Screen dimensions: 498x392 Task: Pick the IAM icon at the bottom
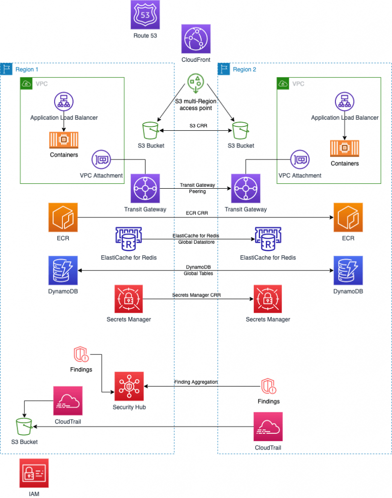click(34, 472)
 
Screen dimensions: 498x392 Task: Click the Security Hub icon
click(129, 386)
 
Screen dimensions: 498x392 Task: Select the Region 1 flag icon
click(7, 69)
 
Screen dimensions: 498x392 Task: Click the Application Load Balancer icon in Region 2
click(344, 103)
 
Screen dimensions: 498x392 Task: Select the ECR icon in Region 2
click(347, 218)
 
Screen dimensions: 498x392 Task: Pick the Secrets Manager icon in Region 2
click(267, 299)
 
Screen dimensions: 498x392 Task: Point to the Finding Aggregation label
click(196, 382)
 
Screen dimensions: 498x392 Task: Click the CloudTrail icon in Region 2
click(268, 427)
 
